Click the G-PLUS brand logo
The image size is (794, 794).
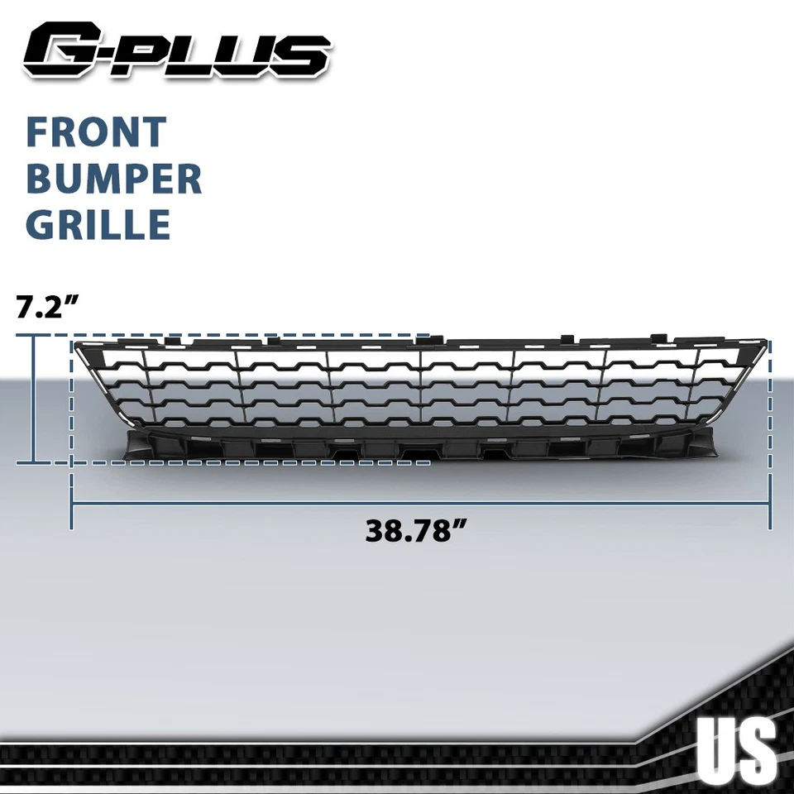[x=177, y=51]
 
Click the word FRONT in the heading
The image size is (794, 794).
[x=96, y=132]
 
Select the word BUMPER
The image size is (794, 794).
[x=113, y=179]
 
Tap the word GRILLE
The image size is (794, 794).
[x=98, y=226]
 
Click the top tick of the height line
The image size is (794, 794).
[x=34, y=335]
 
